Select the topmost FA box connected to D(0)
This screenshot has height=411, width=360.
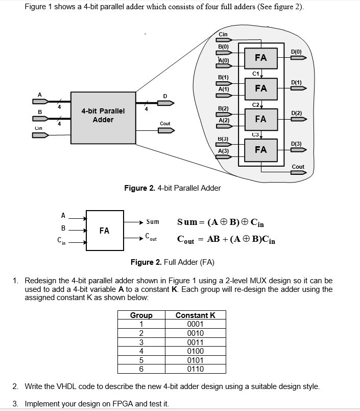[260, 58]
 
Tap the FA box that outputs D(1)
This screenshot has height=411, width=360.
[260, 88]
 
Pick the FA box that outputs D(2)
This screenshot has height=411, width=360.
[260, 119]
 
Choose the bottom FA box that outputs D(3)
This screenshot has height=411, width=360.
[260, 150]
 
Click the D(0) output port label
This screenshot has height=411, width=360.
[296, 52]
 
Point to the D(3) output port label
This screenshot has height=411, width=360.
[296, 144]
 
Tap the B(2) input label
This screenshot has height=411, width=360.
[223, 109]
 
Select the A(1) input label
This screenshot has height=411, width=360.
[223, 89]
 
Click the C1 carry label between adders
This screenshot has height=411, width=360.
[256, 73]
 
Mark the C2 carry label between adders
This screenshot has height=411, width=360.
[256, 104]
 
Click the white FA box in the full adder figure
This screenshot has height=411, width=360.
[104, 231]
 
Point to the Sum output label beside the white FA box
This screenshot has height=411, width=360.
[153, 222]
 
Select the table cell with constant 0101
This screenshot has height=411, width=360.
[196, 359]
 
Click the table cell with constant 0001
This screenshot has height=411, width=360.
[196, 324]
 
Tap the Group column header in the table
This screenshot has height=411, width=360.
[141, 315]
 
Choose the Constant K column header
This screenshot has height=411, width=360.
[196, 315]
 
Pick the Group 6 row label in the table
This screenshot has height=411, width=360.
[141, 368]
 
